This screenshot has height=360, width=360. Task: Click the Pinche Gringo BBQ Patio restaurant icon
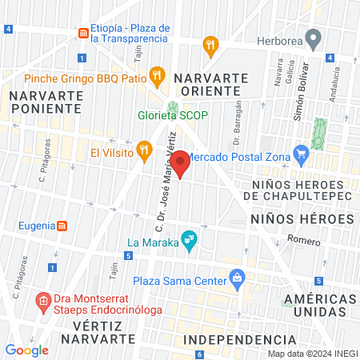tap(157, 78)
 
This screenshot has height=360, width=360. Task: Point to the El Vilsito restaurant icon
tap(144, 150)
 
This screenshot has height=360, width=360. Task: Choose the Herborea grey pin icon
tap(314, 38)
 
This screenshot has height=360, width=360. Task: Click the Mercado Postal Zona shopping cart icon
tap(301, 153)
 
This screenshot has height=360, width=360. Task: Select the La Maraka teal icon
tap(189, 238)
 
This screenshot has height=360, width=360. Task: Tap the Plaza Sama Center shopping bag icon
tap(237, 279)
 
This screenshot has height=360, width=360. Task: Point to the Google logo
tap(26, 350)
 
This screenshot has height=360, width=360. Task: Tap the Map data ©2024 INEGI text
tap(313, 354)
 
